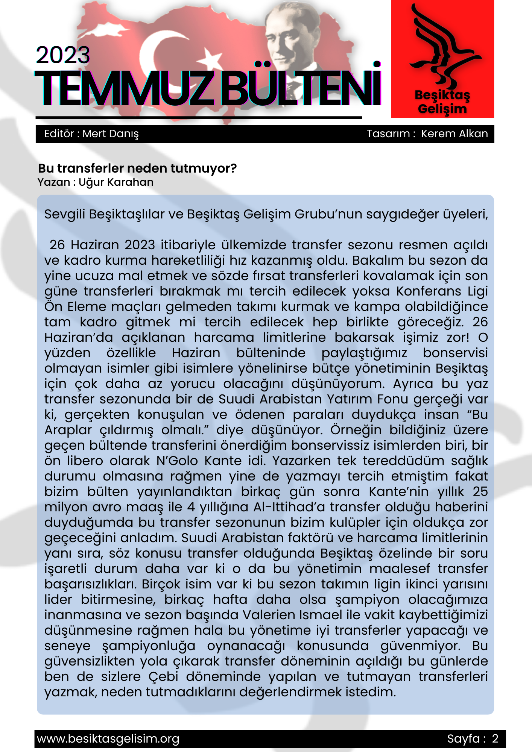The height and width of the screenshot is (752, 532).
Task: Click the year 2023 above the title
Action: point(63,55)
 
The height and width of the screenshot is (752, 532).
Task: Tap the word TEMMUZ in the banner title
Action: point(124,89)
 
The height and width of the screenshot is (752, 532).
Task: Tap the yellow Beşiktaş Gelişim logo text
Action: point(442,102)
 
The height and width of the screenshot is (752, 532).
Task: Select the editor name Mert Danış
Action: point(111,134)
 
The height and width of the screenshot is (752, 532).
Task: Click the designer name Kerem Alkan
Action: point(454,134)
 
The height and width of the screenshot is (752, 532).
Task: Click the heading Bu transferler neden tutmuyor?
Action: point(137,168)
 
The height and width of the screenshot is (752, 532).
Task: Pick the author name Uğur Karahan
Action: point(116,182)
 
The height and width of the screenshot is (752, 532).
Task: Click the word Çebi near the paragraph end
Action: point(163,676)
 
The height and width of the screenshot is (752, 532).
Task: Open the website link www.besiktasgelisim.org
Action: point(108,739)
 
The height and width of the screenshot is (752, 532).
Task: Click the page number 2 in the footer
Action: point(495,739)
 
